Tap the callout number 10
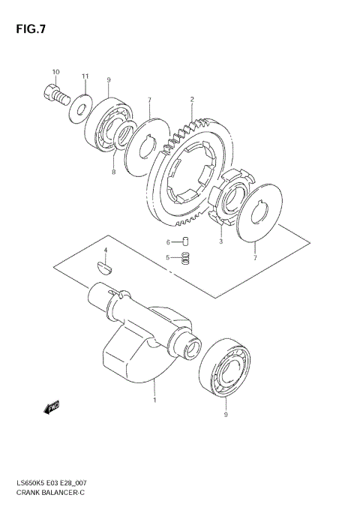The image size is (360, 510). click(x=55, y=72)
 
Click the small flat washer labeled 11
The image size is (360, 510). click(x=79, y=109)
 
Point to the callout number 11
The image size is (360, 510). click(x=85, y=76)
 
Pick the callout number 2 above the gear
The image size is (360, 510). click(x=192, y=99)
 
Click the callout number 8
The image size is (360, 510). click(x=113, y=172)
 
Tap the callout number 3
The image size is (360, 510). click(x=221, y=241)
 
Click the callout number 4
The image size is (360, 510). click(x=106, y=250)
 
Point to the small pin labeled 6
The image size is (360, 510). click(x=187, y=241)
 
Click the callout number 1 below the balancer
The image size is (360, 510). click(x=155, y=400)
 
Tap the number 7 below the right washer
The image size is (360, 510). click(x=256, y=257)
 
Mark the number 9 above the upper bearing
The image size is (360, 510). click(x=109, y=80)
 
